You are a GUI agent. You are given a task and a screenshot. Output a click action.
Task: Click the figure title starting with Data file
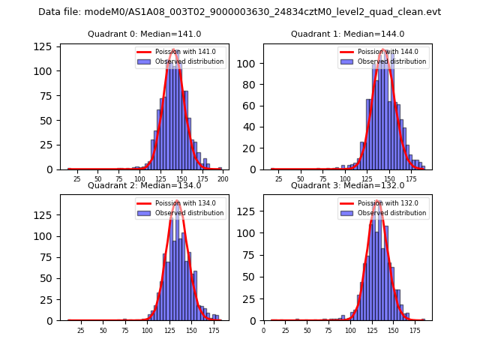tap(239, 12)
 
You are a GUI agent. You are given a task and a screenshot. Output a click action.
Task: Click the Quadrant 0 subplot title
tap(145, 34)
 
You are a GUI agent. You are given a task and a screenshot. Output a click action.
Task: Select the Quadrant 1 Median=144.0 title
tap(347, 34)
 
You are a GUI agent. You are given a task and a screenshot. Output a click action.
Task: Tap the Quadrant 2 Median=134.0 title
tap(145, 185)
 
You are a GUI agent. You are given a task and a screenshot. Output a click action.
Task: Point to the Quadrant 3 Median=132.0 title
tap(347, 185)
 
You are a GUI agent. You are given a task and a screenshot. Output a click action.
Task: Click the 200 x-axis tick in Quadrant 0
tap(223, 180)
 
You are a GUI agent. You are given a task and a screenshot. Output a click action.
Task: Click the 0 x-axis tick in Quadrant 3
tap(263, 330)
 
